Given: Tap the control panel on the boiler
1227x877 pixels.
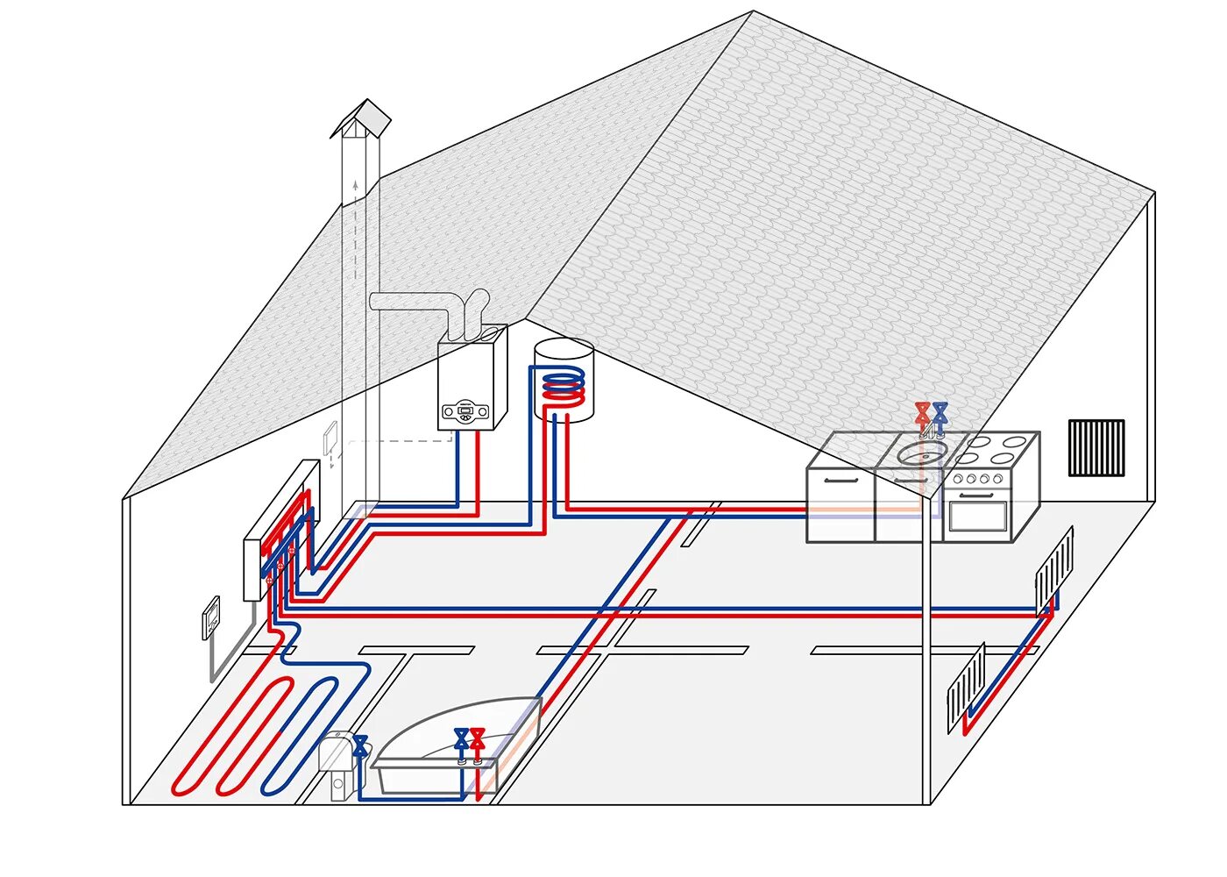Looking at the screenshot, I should [x=465, y=410].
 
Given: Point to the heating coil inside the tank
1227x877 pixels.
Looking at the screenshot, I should [x=561, y=387].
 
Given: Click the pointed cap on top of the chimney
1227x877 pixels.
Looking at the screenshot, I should [x=361, y=118].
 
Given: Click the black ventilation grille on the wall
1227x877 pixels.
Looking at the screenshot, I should [x=1096, y=447].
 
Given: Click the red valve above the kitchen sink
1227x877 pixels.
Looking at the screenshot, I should [x=922, y=411].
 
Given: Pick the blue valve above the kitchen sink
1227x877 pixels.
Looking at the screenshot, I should [x=940, y=411].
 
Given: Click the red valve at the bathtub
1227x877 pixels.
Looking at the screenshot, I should [x=478, y=738].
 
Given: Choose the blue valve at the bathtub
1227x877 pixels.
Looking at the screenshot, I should [x=461, y=738].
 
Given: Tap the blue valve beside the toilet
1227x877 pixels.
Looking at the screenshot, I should [x=360, y=745].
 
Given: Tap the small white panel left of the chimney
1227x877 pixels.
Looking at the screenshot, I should [x=330, y=438].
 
